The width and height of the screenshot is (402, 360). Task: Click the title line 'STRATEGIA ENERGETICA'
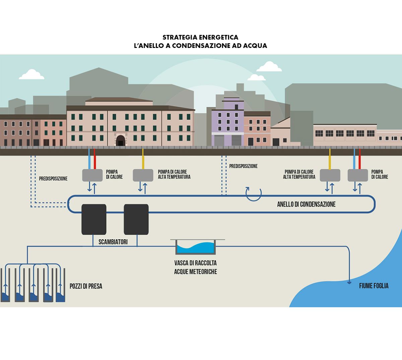200,37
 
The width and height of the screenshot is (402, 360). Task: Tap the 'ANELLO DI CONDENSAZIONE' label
306,204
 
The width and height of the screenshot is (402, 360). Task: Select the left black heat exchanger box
94,219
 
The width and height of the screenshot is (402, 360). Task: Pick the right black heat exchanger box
136,219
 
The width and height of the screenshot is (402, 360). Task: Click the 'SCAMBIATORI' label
113,242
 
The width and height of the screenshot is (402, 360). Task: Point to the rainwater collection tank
196,247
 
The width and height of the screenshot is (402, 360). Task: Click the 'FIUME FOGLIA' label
374,286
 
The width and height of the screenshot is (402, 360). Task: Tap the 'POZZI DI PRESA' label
86,286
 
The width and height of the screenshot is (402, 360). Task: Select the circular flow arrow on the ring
253,193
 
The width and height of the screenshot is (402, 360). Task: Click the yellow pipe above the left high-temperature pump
143,159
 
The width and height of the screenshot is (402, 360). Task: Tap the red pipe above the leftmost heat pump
95,159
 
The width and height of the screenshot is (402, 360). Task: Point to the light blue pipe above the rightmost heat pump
355,159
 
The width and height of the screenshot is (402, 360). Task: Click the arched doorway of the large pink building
120,140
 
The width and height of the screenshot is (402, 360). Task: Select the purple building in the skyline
227,123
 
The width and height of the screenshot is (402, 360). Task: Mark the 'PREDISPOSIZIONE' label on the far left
53,179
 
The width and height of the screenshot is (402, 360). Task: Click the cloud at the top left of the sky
31,75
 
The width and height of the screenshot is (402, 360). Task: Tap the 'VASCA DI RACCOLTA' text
195,263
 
